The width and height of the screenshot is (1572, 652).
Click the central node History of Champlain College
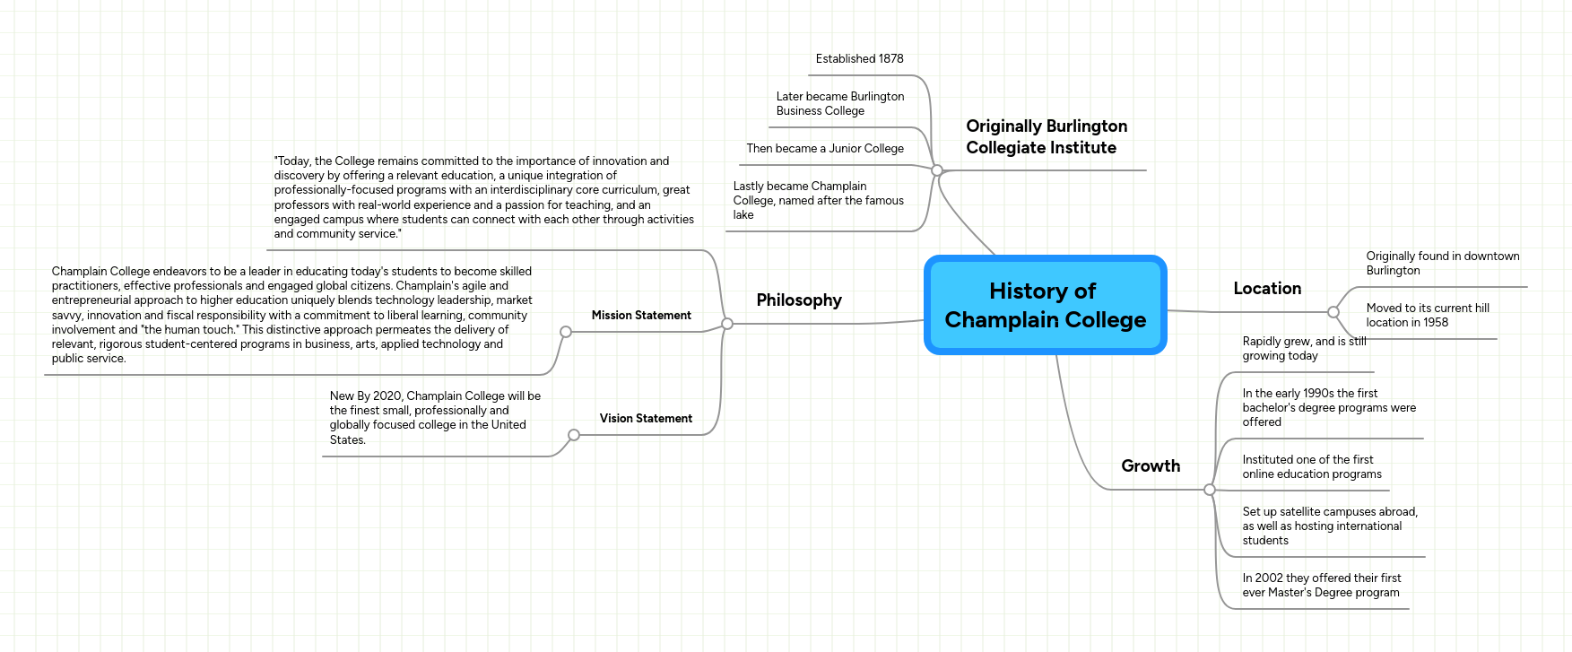[1045, 305]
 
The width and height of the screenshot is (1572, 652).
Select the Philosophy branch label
[799, 300]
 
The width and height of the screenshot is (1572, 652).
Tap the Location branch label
[1267, 289]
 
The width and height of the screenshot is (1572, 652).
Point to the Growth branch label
[1151, 466]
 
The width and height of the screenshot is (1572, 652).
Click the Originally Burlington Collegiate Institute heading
[1046, 137]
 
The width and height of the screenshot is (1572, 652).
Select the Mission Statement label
[641, 316]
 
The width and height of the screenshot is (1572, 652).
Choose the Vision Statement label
[646, 419]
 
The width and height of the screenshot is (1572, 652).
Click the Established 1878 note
[859, 59]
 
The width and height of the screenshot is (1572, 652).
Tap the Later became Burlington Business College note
[839, 104]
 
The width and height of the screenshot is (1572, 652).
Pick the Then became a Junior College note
[825, 149]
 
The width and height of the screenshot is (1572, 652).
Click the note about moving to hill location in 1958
[1427, 316]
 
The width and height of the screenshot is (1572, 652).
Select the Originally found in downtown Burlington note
[1442, 264]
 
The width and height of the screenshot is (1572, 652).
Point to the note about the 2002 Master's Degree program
[1321, 586]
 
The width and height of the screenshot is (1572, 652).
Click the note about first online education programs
[1311, 467]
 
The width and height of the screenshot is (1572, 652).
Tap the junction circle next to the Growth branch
[1210, 490]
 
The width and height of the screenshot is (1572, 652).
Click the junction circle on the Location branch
[1333, 312]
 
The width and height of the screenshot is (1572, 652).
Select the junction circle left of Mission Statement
[566, 332]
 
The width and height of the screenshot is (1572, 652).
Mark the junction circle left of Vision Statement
[574, 435]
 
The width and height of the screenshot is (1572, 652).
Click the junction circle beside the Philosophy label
[727, 324]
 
